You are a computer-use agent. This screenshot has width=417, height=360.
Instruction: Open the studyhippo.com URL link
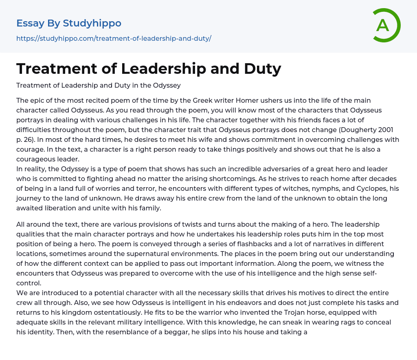(x=114, y=38)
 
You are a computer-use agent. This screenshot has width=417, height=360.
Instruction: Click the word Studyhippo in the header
(x=92, y=23)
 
